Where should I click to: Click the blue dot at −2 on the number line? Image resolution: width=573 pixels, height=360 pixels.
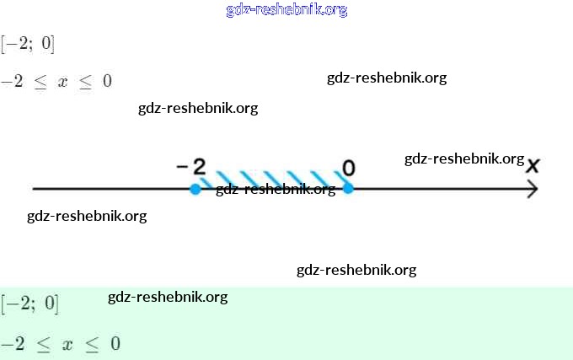(x=195, y=189)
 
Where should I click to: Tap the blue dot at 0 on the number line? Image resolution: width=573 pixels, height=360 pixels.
(x=347, y=188)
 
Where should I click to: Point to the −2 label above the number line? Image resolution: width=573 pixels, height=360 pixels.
(x=192, y=166)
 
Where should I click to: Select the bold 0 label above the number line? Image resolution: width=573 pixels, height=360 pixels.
(x=348, y=168)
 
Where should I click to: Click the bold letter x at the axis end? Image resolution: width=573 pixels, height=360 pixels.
(x=532, y=165)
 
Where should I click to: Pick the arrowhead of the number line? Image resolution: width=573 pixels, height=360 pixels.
(x=532, y=189)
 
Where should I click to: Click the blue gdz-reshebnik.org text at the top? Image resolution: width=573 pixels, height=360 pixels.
(x=286, y=10)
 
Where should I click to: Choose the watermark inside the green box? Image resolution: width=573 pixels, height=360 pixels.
(x=168, y=297)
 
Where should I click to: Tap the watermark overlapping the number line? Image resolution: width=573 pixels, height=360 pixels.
(x=276, y=189)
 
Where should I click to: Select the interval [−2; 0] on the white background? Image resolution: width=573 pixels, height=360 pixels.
(x=29, y=43)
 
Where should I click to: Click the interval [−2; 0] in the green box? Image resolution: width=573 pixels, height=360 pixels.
(x=30, y=304)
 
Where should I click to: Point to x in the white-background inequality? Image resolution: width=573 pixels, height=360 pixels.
(x=62, y=82)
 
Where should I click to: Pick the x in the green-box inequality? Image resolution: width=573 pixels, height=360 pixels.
(x=67, y=344)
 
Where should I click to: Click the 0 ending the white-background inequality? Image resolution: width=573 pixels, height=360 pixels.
(x=107, y=82)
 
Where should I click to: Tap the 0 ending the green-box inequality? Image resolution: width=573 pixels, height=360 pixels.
(x=115, y=344)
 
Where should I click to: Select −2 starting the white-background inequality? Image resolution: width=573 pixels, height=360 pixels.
(x=12, y=82)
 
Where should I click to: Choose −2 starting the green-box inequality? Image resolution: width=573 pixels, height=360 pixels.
(x=13, y=344)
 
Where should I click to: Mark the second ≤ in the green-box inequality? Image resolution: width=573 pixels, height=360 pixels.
(x=92, y=345)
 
